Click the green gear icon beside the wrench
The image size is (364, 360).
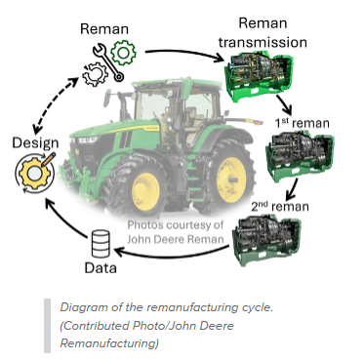(x=123, y=53)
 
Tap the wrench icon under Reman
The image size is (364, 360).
(x=108, y=62)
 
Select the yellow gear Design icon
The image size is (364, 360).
(x=34, y=172)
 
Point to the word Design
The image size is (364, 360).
(x=35, y=142)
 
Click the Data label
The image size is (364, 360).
(x=101, y=268)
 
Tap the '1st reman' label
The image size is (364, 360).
(x=302, y=123)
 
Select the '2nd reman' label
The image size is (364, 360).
(x=280, y=206)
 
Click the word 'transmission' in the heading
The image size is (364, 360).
(x=263, y=42)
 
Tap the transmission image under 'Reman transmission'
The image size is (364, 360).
(x=260, y=78)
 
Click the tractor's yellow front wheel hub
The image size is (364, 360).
(x=145, y=192)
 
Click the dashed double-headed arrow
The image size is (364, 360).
(x=54, y=104)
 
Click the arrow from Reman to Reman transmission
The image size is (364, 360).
(x=184, y=52)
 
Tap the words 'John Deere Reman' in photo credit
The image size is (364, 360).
(x=176, y=239)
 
